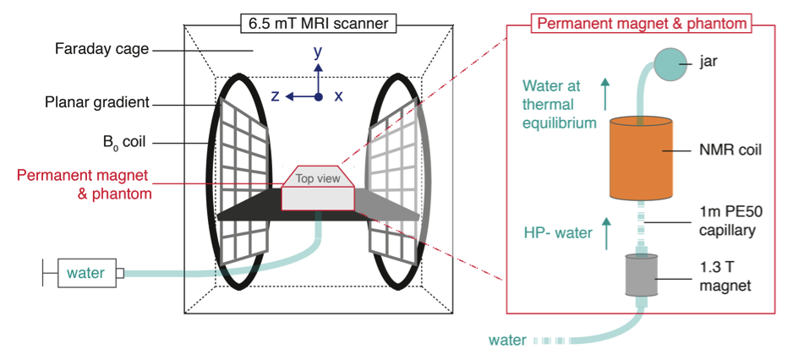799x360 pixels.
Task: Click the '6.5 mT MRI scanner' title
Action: click(x=318, y=24)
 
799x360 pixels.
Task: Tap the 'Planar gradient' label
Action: click(x=97, y=103)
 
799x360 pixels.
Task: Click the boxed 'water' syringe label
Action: click(x=86, y=273)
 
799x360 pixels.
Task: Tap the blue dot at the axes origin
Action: click(x=318, y=97)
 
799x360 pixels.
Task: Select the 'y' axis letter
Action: click(x=318, y=52)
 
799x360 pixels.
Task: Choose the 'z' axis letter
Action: click(x=275, y=96)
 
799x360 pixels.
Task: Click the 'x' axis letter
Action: click(x=338, y=96)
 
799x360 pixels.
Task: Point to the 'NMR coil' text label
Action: click(x=732, y=150)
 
